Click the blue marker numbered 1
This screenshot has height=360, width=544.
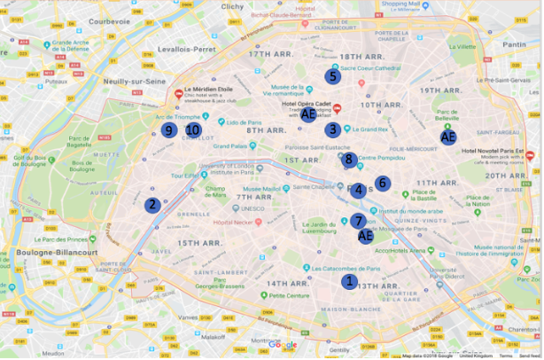pos(349,281)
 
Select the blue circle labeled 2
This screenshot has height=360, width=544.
pos(152,205)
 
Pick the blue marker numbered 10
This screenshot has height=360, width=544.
pos(192,130)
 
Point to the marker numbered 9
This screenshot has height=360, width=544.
pos(167,130)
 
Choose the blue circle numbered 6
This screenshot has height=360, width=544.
pos(382,183)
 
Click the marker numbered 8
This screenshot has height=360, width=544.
pos(349,160)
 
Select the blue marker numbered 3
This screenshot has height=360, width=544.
pos(331,129)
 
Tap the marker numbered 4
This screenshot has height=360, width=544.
pos(358,190)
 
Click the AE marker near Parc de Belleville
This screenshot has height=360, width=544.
pos(448,137)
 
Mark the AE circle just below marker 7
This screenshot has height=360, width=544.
pos(365,236)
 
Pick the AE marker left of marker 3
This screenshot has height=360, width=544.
pos(307,114)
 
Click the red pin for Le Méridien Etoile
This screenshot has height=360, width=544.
pos(179,93)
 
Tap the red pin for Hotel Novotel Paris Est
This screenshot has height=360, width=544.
pos(530,156)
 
